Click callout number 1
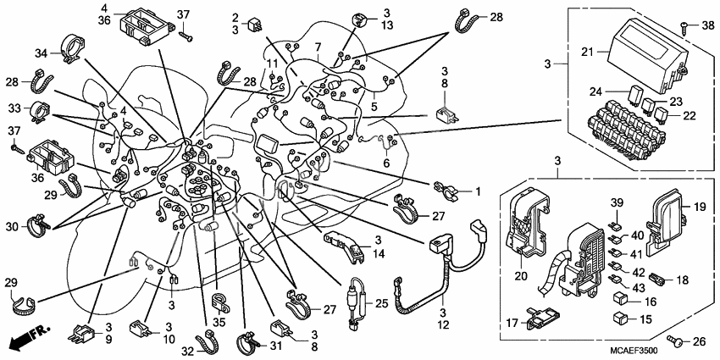pyautogui.click(x=478, y=191)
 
